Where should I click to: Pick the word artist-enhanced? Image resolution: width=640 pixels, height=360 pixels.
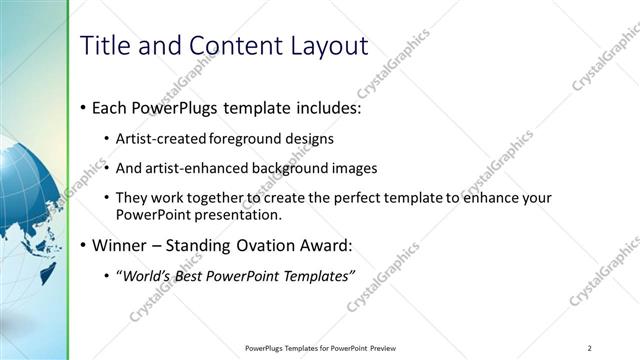pyautogui.click(x=189, y=168)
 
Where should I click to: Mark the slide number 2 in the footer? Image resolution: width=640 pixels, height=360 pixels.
pyautogui.click(x=590, y=348)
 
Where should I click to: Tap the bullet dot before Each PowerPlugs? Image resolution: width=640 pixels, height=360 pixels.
pyautogui.click(x=81, y=107)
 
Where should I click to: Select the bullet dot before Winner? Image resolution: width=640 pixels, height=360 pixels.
pyautogui.click(x=81, y=245)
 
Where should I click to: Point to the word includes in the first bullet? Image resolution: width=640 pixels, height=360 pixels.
pyautogui.click(x=327, y=107)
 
